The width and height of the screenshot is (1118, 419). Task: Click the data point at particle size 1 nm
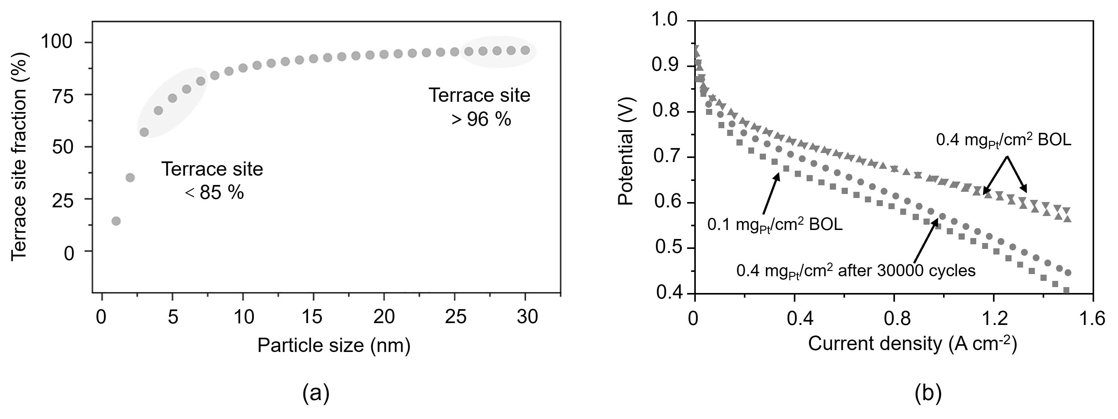116,221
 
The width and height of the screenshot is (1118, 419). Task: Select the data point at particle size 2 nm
130,177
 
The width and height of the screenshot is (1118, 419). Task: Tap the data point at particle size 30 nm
525,50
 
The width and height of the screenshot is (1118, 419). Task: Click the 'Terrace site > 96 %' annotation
480,107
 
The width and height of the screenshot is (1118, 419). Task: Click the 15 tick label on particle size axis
313,318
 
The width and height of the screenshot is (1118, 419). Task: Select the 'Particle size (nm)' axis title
334,346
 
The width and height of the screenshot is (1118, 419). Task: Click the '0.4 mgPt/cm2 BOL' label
1004,141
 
